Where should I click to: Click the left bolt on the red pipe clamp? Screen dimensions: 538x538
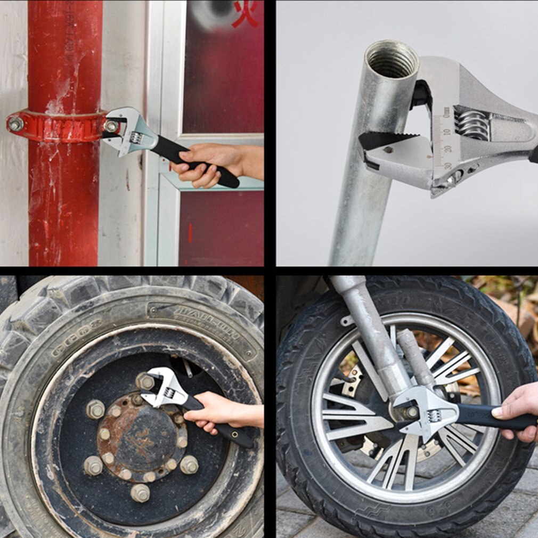(15, 124)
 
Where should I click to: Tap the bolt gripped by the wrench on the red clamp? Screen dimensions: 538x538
(111, 126)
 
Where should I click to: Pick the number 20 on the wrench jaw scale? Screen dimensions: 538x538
(447, 149)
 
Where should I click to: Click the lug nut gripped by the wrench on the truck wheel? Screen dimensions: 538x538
(145, 382)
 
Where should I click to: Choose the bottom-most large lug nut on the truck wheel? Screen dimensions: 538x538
(140, 493)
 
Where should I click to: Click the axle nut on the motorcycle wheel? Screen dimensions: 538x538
(410, 412)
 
